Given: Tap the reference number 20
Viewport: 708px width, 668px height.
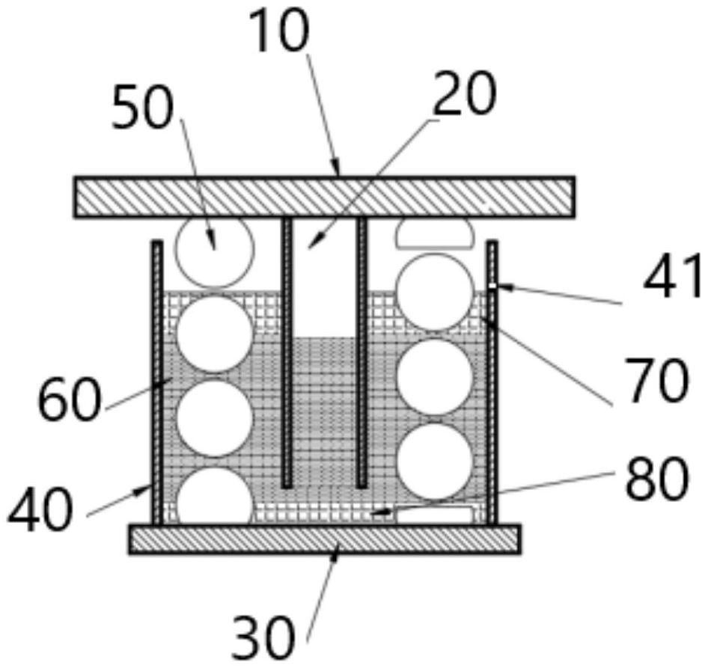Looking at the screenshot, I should pyautogui.click(x=464, y=96).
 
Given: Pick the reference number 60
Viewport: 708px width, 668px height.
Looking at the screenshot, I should pyautogui.click(x=69, y=400).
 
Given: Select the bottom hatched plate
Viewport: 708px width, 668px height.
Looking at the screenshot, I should pyautogui.click(x=324, y=539).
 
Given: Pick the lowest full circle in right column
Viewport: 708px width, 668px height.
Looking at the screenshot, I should pyautogui.click(x=434, y=461).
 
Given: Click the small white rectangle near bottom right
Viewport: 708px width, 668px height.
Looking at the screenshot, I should pyautogui.click(x=434, y=515).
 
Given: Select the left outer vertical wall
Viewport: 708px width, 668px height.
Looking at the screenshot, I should pyautogui.click(x=157, y=382).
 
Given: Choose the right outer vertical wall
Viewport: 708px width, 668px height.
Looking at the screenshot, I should pyautogui.click(x=492, y=382).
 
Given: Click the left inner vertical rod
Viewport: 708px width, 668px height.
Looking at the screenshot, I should pyautogui.click(x=287, y=352).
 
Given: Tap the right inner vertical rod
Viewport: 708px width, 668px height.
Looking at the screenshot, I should pyautogui.click(x=362, y=352).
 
